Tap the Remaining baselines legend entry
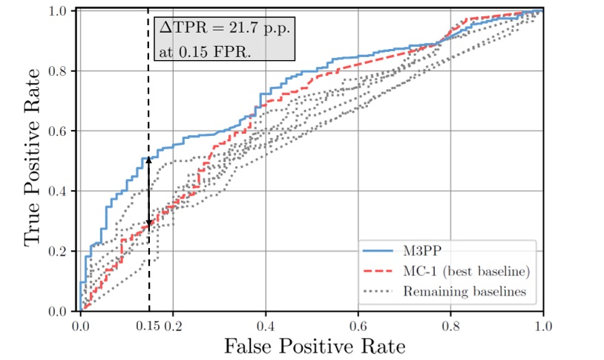pyautogui.click(x=465, y=291)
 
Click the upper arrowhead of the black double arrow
pyautogui.click(x=148, y=159)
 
